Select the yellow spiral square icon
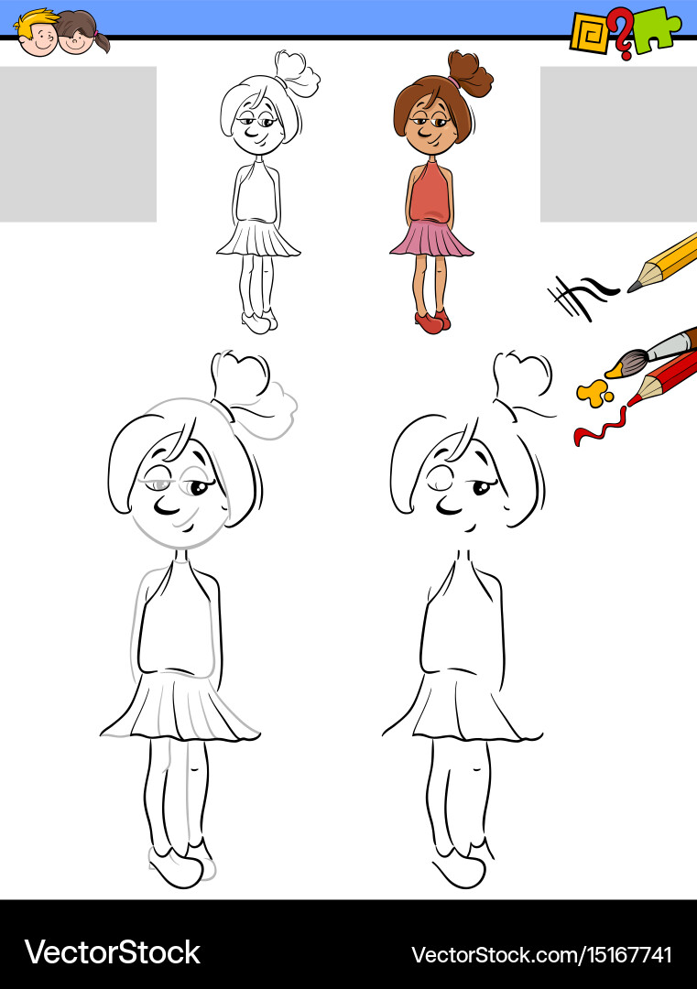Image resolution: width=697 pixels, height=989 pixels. [588, 32]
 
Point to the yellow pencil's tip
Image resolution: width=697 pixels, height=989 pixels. [634, 288]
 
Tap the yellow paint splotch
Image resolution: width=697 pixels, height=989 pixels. [594, 393]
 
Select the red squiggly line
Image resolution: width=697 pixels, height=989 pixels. [600, 427]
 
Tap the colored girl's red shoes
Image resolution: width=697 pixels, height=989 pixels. [430, 321]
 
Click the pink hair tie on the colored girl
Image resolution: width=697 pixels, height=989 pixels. [454, 82]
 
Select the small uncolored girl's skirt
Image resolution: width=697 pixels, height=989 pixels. [258, 239]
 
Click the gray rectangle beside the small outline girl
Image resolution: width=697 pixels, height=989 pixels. [78, 144]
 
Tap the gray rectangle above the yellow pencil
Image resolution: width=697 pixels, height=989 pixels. [618, 144]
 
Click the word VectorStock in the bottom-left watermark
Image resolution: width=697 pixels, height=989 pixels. [112, 952]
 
